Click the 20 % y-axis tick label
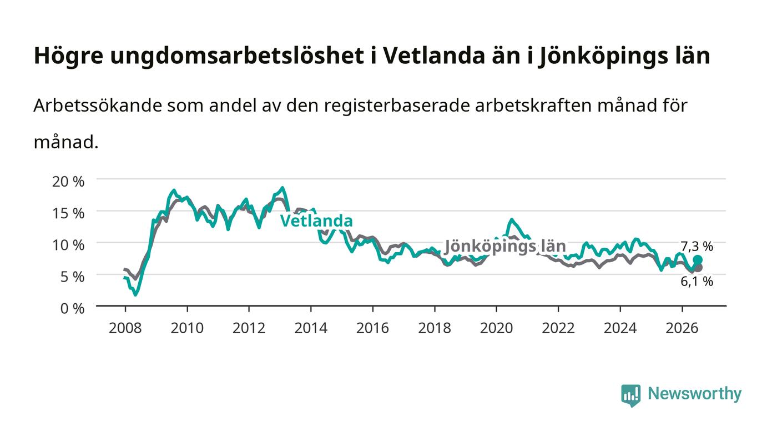click(68, 182)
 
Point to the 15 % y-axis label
click(68, 213)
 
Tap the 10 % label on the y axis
click(68, 245)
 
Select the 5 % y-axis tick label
click(72, 277)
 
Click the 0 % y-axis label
click(72, 308)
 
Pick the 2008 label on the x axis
click(125, 328)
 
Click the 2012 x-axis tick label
click(249, 328)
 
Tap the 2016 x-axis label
click(372, 328)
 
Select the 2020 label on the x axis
click(496, 328)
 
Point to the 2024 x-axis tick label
click(620, 328)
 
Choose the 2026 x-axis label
click(682, 328)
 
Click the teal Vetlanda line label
click(316, 221)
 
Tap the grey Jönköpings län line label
click(505, 246)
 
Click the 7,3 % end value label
click(697, 247)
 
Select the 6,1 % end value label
click(697, 281)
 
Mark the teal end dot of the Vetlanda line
click(698, 260)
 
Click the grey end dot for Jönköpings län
click(698, 268)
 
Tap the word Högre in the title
click(69, 56)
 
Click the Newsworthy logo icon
click(631, 395)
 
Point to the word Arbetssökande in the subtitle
click(98, 106)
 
